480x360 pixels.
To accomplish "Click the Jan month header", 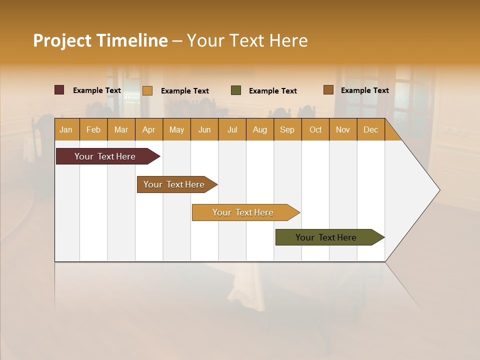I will (66, 129).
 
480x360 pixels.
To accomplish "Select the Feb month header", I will (93, 129).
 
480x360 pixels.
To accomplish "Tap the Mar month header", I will (121, 129).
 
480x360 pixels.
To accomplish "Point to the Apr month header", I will (149, 129).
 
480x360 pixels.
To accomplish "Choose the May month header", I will (176, 129).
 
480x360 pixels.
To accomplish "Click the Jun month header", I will (204, 129).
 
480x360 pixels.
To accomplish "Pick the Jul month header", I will (232, 129).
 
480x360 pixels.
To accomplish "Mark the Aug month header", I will (260, 129).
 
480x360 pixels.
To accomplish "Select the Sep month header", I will (287, 129).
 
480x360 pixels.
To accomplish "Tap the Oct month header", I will (315, 129).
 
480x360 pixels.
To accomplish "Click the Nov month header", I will (343, 129).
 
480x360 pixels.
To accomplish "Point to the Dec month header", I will (370, 129).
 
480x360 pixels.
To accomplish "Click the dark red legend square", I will (59, 90).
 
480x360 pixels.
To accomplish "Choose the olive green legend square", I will (236, 90).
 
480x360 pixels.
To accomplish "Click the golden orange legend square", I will (147, 90).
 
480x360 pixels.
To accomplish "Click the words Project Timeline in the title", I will (100, 40).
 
